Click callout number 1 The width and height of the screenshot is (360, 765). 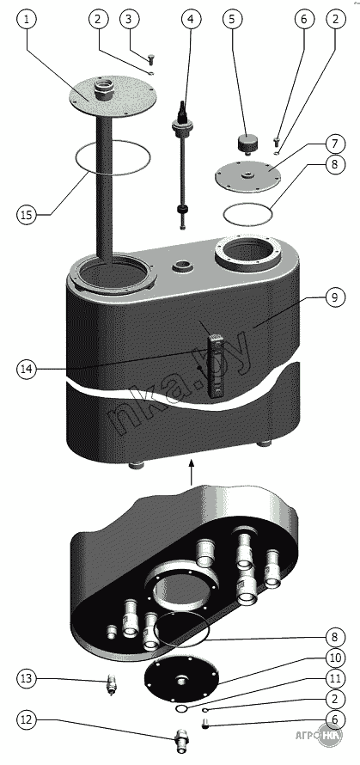tap(27, 19)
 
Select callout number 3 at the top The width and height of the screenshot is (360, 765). tap(128, 19)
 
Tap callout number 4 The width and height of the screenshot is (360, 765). tap(191, 19)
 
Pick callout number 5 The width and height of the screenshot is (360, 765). tap(232, 19)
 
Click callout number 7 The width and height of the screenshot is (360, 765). tap(334, 144)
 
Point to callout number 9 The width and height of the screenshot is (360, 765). tap(334, 297)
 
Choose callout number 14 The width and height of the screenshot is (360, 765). tap(27, 370)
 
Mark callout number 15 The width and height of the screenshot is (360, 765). tap(27, 214)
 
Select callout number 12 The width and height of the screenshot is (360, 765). tap(27, 719)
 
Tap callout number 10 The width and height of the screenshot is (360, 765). tap(334, 658)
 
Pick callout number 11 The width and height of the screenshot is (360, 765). tap(334, 678)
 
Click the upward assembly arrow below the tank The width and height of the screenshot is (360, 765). tap(192, 472)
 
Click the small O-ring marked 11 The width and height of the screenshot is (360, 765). tap(181, 707)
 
